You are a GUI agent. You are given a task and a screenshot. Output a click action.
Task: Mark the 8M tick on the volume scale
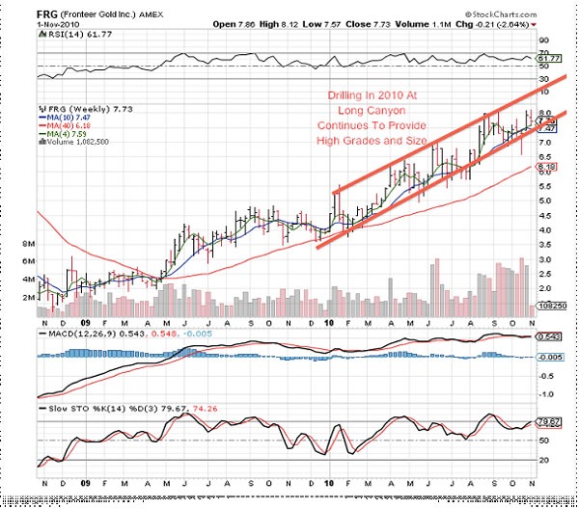pos(28,246)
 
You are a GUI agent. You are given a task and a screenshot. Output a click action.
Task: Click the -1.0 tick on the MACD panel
pos(545,394)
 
